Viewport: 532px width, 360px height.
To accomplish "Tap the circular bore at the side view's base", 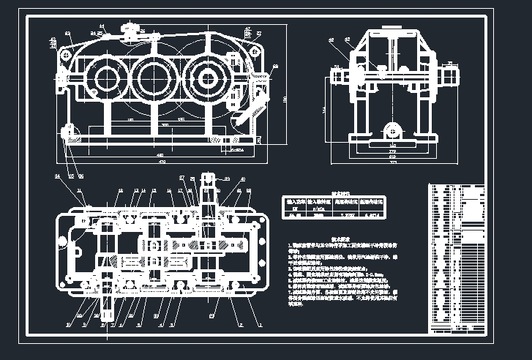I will tap(394, 132).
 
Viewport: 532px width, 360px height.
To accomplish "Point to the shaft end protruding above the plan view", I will tap(207, 182).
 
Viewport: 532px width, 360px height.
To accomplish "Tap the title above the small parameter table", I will tap(342, 193).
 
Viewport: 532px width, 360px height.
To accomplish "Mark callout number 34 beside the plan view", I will tap(57, 177).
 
